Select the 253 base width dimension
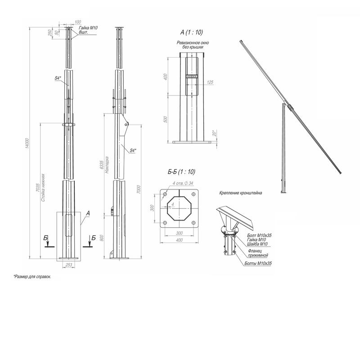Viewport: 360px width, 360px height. pyautogui.click(x=69, y=265)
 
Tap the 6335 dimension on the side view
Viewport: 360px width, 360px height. pyautogui.click(x=102, y=165)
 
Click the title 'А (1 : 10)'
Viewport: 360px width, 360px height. pyautogui.click(x=191, y=32)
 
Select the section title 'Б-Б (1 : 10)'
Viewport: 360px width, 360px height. pyautogui.click(x=181, y=172)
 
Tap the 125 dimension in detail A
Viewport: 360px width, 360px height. pyautogui.click(x=210, y=82)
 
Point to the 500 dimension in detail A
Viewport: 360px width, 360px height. pyautogui.click(x=166, y=120)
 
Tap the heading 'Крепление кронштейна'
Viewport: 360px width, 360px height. pyautogui.click(x=241, y=193)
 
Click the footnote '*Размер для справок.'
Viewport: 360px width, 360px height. pyautogui.click(x=32, y=276)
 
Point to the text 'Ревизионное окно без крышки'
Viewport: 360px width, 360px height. pyautogui.click(x=193, y=45)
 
